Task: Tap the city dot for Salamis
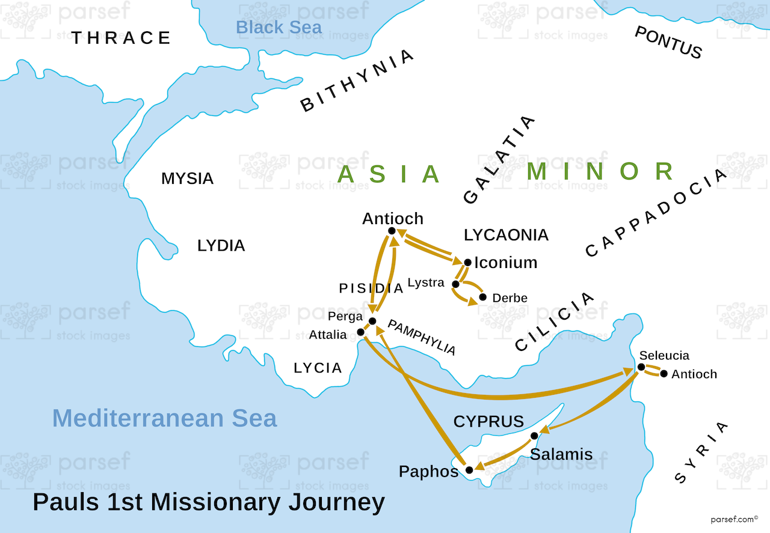coord(534,436)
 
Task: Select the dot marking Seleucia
coord(641,367)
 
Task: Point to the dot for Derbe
coord(482,297)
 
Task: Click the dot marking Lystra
coord(455,284)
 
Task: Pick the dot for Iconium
coord(468,263)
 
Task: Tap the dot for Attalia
coord(360,332)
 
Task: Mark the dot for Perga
coord(372,321)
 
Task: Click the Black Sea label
coord(279,27)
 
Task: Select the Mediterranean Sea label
coord(164,418)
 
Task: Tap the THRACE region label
coord(122,38)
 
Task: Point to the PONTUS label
coord(668,43)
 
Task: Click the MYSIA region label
coord(187,178)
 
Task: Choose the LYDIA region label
coord(221,245)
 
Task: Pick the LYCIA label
coord(318,368)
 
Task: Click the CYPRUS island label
coord(488,421)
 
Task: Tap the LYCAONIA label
coord(506,234)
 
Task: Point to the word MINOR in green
coord(600,172)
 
